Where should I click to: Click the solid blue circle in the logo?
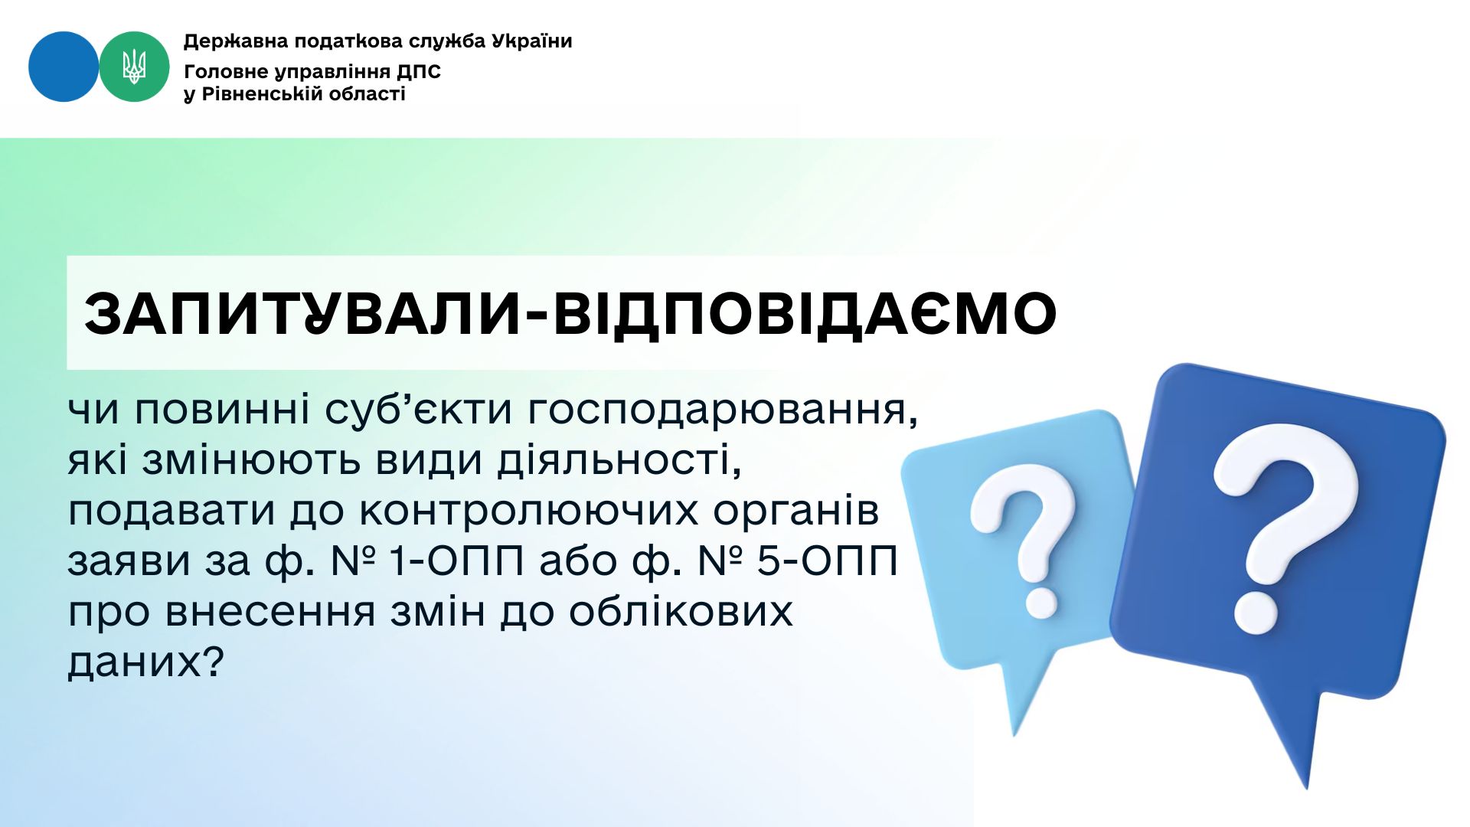[x=64, y=67]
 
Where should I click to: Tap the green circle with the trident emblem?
[x=134, y=67]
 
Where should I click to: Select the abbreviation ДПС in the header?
[x=419, y=72]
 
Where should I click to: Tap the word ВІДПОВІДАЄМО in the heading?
[x=805, y=314]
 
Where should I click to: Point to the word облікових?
[x=681, y=611]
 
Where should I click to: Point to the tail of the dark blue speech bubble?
[x=1294, y=735]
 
